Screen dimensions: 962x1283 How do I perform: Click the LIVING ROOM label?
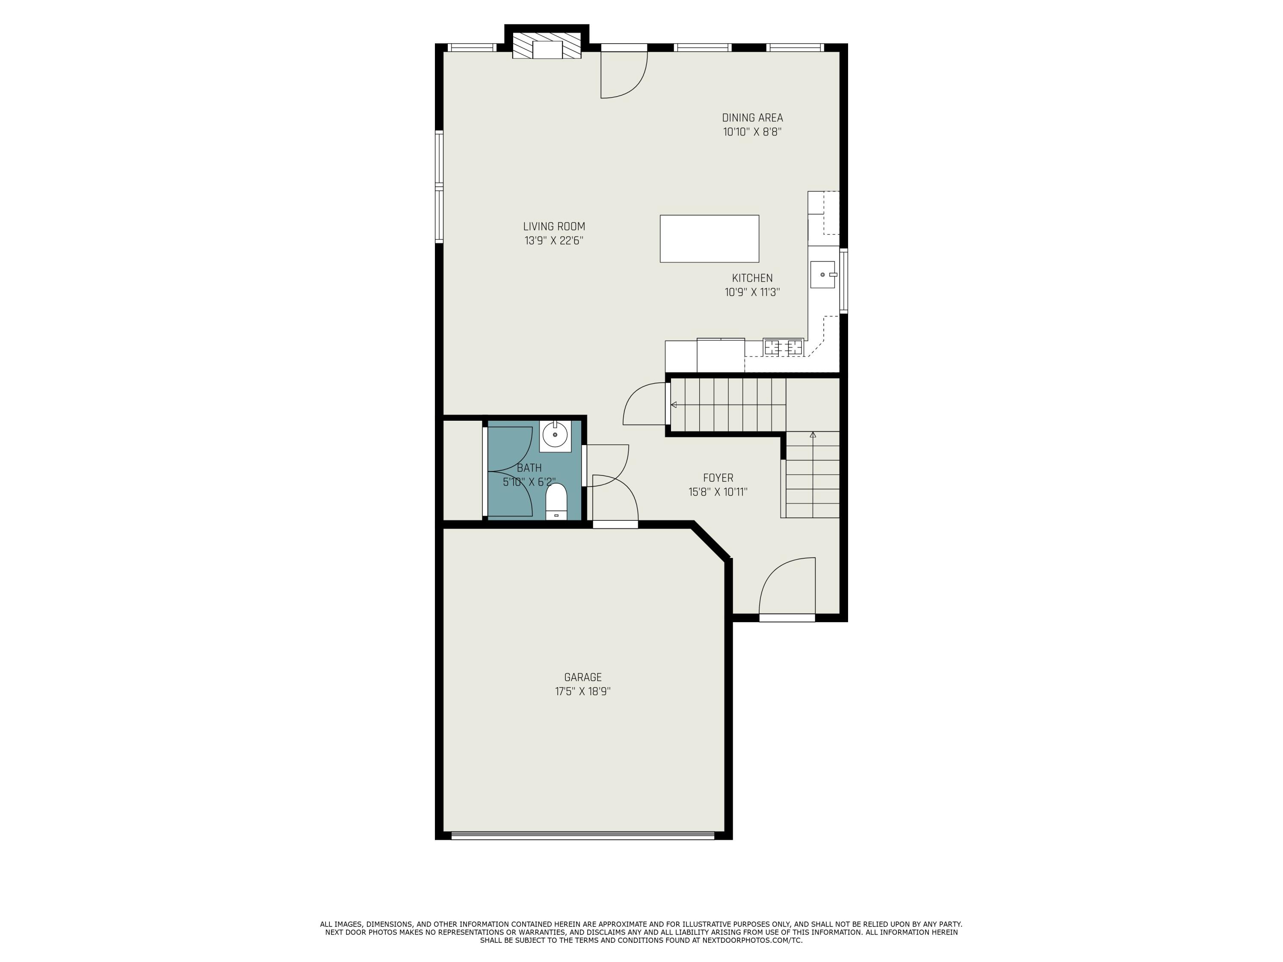click(x=554, y=227)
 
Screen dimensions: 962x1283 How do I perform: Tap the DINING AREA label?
click(x=752, y=118)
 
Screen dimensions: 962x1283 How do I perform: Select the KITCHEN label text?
click(x=752, y=278)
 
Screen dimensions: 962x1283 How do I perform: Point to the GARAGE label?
click(x=582, y=677)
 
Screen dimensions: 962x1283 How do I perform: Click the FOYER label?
click(x=718, y=478)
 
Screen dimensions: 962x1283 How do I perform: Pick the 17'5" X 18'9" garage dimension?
click(x=582, y=691)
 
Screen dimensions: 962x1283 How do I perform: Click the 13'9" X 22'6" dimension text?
click(x=554, y=241)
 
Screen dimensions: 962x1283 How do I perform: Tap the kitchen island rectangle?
click(x=709, y=238)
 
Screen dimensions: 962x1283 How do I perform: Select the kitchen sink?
click(x=822, y=274)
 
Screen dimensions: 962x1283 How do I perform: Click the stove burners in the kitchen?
click(x=783, y=347)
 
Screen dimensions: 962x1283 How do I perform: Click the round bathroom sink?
click(x=555, y=435)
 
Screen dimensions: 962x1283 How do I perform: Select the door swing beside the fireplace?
click(x=623, y=75)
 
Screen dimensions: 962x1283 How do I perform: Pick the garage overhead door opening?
click(x=582, y=835)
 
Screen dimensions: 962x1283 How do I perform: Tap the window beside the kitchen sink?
click(x=843, y=281)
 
